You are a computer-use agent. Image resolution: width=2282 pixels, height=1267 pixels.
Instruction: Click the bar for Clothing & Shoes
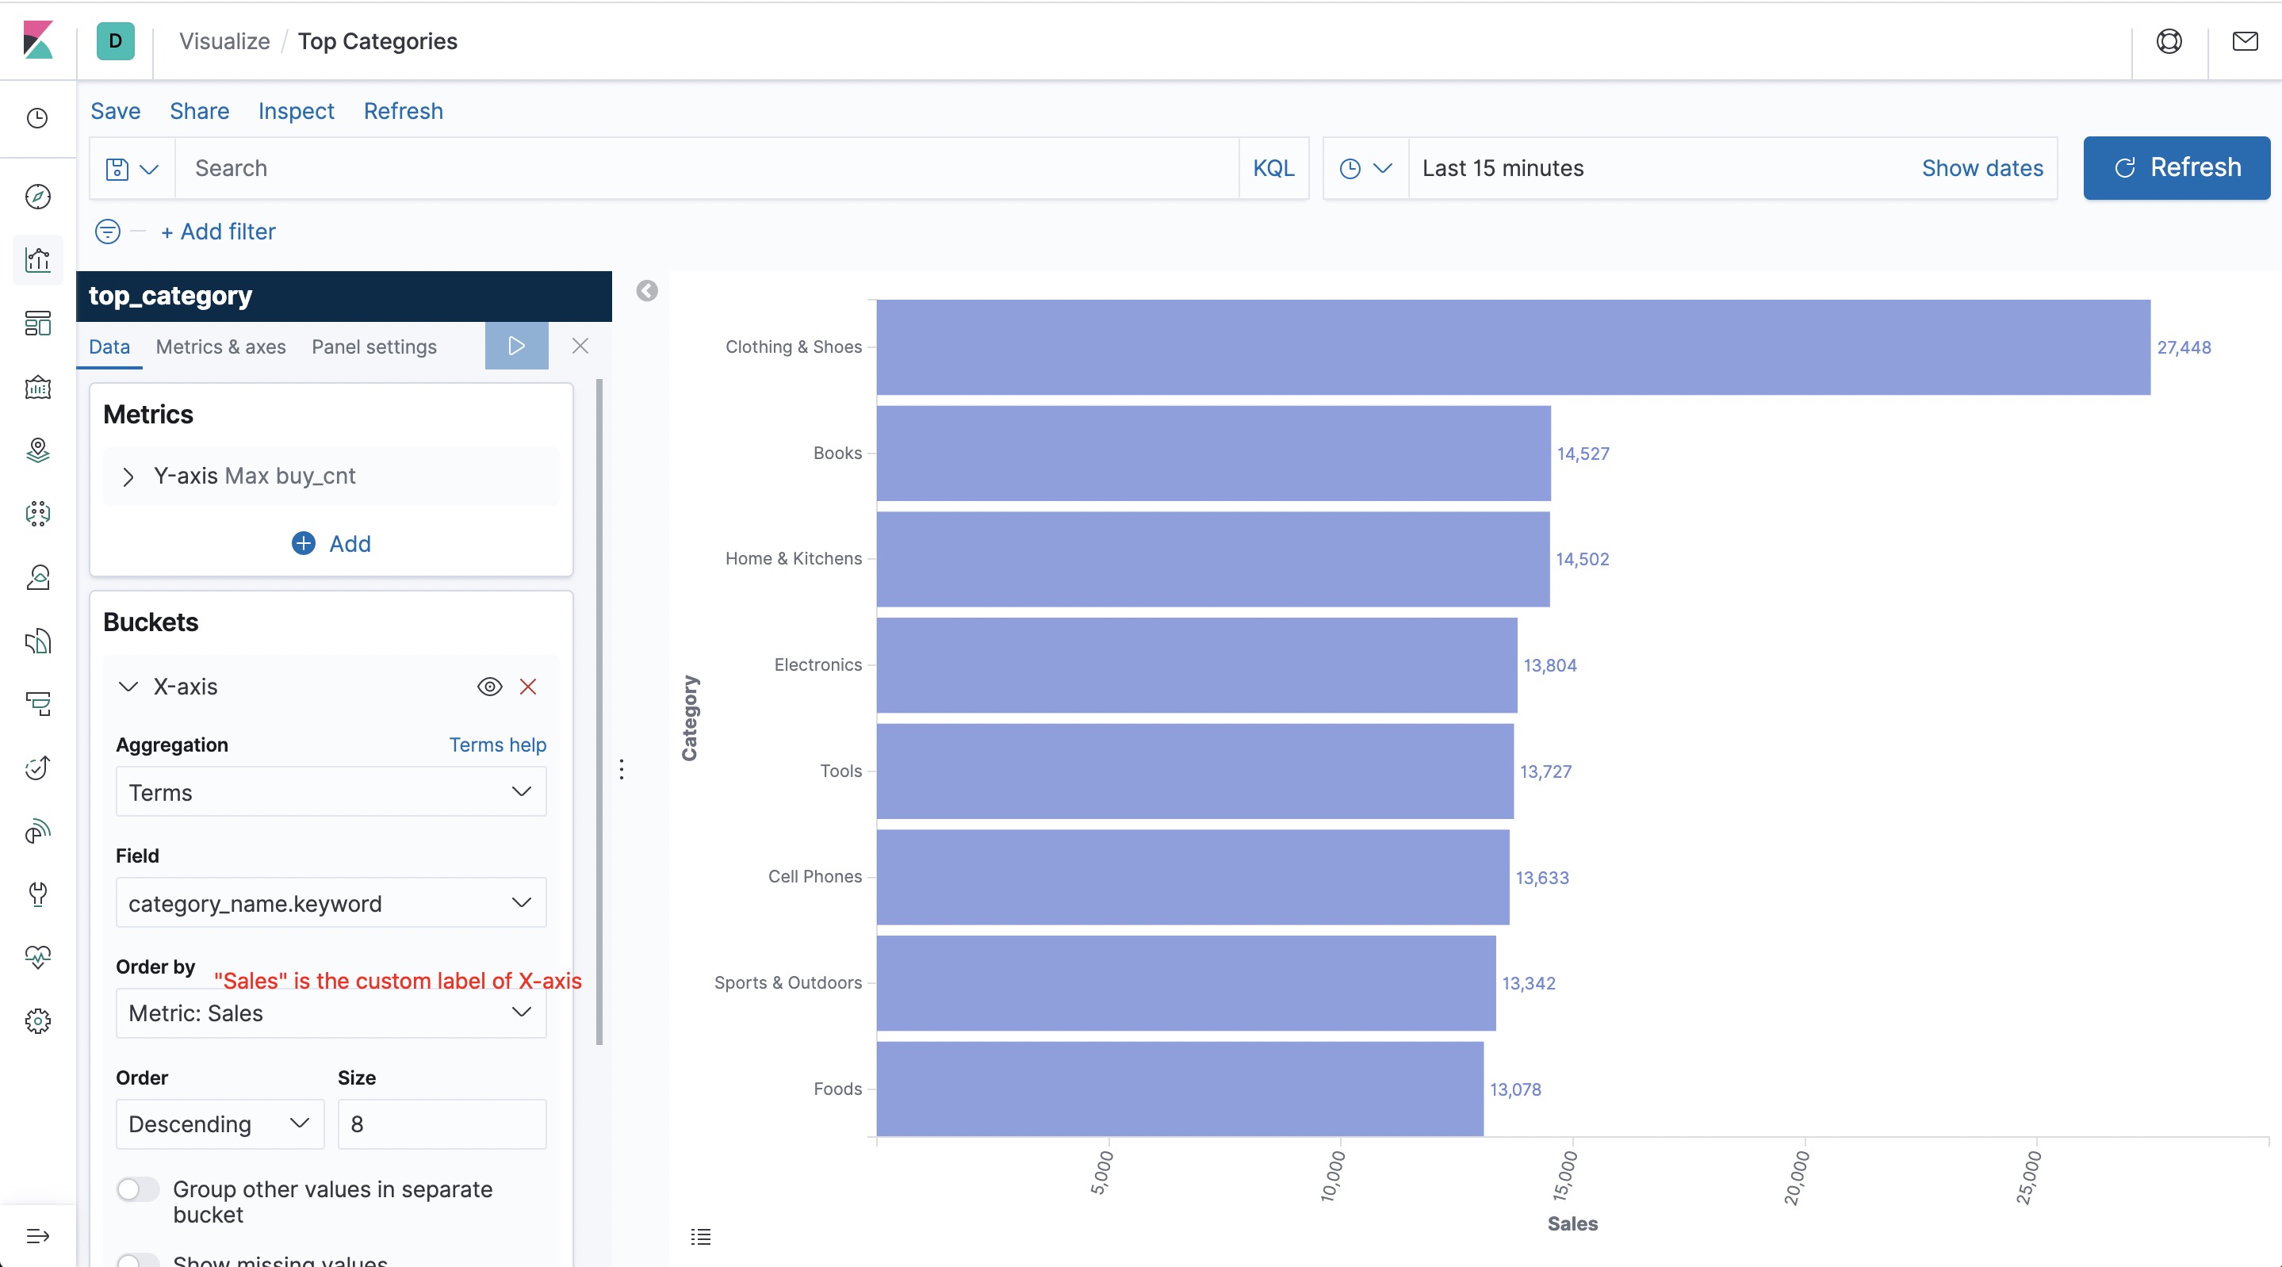(x=1513, y=347)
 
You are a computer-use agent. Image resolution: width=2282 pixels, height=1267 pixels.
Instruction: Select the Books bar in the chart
(x=1214, y=453)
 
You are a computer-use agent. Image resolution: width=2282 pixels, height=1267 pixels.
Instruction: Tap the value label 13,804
(x=1549, y=665)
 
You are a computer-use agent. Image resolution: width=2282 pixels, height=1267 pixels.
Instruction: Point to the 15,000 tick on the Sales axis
(x=1565, y=1176)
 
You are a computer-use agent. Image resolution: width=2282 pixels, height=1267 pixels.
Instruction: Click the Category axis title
(x=689, y=718)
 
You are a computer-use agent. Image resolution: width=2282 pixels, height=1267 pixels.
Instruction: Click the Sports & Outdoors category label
(x=787, y=982)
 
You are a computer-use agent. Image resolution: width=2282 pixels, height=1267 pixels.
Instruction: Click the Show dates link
(x=1981, y=168)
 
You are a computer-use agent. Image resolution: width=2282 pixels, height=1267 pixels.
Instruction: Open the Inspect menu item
(x=296, y=111)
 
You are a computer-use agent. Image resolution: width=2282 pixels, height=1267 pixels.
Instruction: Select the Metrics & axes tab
(x=220, y=346)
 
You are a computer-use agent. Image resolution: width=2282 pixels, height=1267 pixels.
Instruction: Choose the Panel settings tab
(x=373, y=346)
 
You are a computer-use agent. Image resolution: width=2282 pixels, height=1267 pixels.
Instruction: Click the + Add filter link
(x=218, y=232)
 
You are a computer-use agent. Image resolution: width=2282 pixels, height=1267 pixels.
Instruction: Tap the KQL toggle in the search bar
(x=1273, y=168)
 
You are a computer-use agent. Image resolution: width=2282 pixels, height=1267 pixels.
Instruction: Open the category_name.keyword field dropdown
(x=331, y=903)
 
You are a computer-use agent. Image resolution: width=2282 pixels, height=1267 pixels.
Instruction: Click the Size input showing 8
(x=441, y=1123)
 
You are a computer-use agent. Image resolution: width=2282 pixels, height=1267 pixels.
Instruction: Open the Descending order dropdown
(x=219, y=1123)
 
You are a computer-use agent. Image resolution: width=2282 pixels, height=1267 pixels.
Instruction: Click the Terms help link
(x=497, y=745)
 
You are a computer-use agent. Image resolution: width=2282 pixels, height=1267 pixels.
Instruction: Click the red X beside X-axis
(x=528, y=687)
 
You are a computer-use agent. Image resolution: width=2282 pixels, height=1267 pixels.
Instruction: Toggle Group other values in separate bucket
(x=138, y=1189)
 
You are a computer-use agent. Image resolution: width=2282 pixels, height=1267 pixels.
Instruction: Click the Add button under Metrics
(x=331, y=543)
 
